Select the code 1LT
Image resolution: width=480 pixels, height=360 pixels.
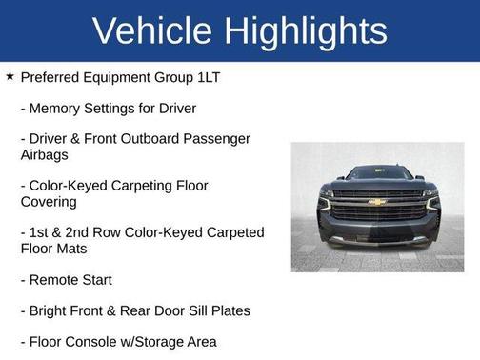[207, 77]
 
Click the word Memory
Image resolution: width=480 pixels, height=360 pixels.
[56, 109]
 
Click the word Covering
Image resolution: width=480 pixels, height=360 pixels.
[49, 202]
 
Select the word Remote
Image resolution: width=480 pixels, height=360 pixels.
[57, 280]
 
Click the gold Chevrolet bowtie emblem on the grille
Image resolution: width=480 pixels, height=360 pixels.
[377, 202]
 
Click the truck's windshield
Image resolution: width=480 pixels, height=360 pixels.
[377, 174]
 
